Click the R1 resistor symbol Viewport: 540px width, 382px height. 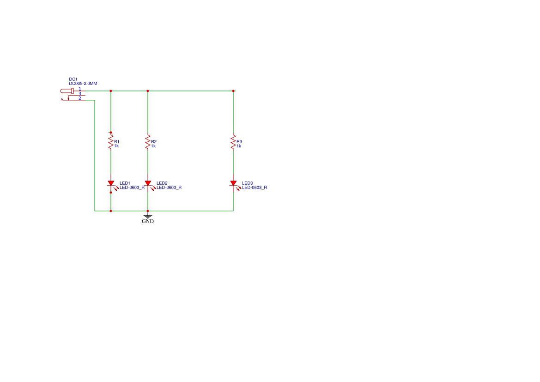[111, 141]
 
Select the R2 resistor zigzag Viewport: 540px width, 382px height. [148, 142]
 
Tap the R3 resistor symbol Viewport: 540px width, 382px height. [233, 142]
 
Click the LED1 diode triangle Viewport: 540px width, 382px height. [111, 183]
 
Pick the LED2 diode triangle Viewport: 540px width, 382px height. [148, 183]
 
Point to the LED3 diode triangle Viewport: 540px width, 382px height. [233, 183]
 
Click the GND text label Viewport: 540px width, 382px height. [148, 221]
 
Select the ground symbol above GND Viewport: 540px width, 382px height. [148, 215]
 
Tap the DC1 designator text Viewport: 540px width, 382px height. [73, 79]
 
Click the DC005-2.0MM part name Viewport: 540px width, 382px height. [83, 84]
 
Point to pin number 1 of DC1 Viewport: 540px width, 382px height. [79, 89]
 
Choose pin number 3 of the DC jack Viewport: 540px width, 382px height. [79, 93]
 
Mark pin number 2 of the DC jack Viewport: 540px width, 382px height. [79, 98]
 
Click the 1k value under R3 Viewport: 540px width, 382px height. [239, 146]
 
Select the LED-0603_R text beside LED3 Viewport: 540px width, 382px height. [255, 188]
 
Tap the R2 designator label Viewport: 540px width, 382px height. [154, 141]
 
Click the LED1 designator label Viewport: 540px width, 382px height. [125, 183]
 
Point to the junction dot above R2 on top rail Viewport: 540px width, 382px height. [148, 91]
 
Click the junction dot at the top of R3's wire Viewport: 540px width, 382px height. [233, 91]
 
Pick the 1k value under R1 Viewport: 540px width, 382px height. [116, 146]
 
